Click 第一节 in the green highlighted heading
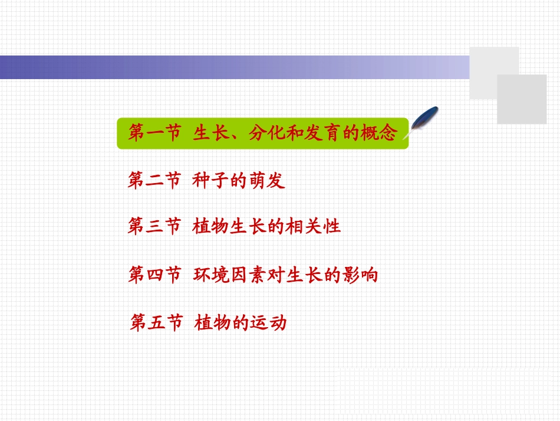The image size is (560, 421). point(154,132)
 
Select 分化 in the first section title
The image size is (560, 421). point(266,132)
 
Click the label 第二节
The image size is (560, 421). point(154,180)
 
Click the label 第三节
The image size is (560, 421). point(154,226)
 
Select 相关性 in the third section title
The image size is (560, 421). point(313,226)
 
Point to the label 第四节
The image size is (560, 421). point(154,275)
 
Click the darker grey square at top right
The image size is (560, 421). point(522,99)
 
